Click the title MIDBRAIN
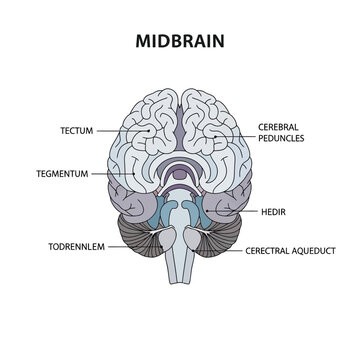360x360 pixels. (x=179, y=44)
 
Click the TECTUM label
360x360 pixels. (x=75, y=129)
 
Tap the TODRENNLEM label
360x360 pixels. (x=73, y=245)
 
